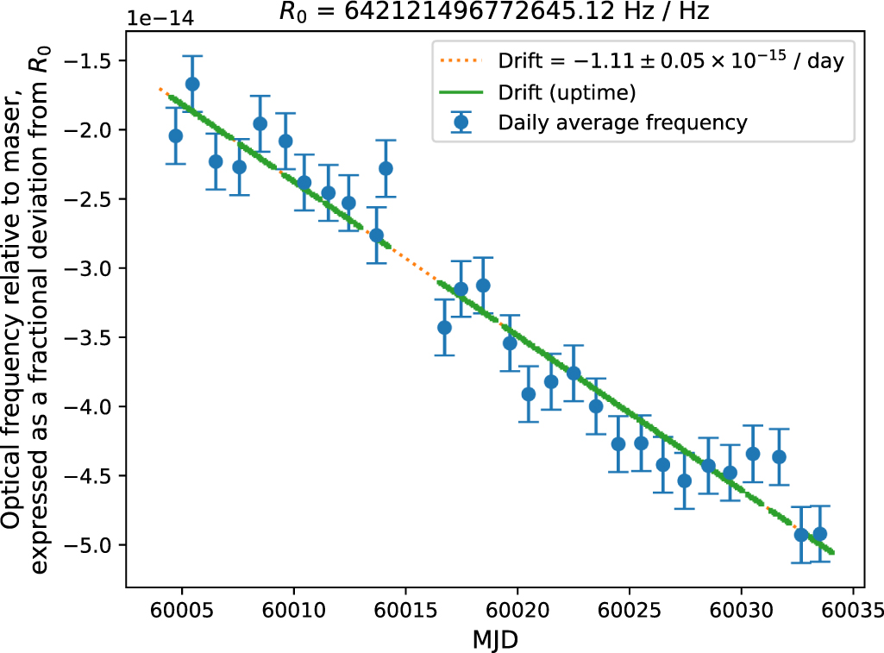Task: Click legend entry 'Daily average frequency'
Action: click(x=623, y=122)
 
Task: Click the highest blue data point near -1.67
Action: click(x=192, y=84)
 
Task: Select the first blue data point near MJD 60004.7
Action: click(x=176, y=135)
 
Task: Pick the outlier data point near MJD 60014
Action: click(x=386, y=168)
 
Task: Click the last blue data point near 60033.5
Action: click(x=820, y=534)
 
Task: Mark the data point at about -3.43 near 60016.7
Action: click(x=444, y=327)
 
